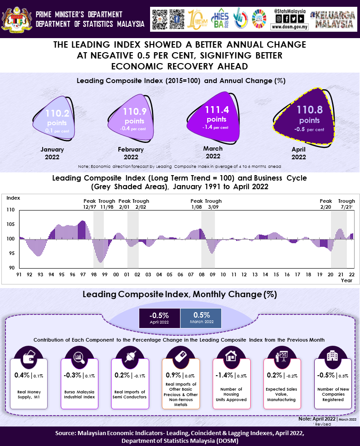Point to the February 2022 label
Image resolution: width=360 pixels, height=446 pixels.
131,153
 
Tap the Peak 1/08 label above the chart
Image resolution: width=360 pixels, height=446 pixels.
196,204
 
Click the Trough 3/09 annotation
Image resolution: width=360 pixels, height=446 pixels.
213,204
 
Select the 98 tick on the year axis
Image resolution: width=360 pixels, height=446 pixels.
94,275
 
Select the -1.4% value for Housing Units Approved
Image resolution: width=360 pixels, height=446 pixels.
226,375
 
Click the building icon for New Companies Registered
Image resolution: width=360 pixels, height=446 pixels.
332,356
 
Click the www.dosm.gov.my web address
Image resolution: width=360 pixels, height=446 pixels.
289,27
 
